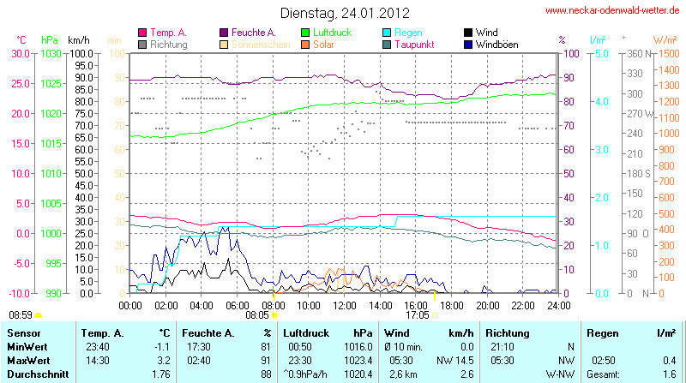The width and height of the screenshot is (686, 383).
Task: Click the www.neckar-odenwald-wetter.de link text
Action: tap(612, 11)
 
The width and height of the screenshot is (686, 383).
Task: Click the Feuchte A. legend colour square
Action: tap(225, 33)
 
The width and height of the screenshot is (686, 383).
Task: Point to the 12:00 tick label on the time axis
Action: tap(344, 305)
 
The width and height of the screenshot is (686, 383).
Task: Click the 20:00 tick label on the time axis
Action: tap(487, 305)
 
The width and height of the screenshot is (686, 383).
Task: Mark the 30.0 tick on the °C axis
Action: tap(20, 53)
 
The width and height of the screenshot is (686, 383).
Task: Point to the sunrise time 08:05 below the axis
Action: tap(257, 315)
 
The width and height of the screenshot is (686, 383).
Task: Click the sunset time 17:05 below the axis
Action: tap(418, 315)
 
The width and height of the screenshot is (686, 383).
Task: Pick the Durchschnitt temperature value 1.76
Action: tap(160, 374)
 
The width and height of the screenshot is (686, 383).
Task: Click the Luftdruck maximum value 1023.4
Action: tap(360, 360)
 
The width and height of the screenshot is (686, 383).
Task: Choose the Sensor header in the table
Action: tap(25, 332)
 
